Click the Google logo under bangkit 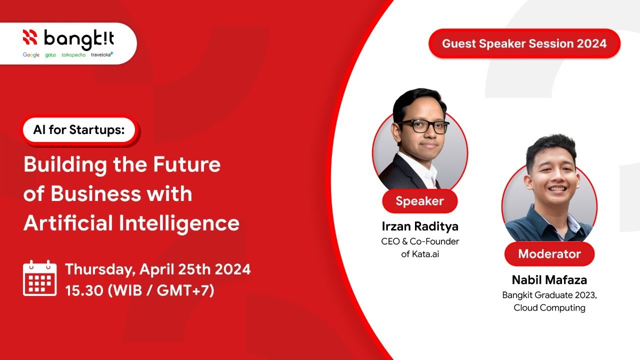[31, 54]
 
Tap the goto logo [50, 55]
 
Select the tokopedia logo [73, 54]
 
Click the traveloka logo [102, 54]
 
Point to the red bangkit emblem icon [30, 37]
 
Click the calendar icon [39, 278]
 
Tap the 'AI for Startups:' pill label [79, 129]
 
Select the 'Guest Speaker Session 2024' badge [524, 43]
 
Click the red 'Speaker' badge [419, 201]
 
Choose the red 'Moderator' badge [549, 253]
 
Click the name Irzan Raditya [420, 226]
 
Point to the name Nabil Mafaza [549, 280]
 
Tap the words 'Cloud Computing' [549, 307]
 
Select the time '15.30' [83, 290]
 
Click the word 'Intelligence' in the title [179, 223]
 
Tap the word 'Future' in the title [187, 164]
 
